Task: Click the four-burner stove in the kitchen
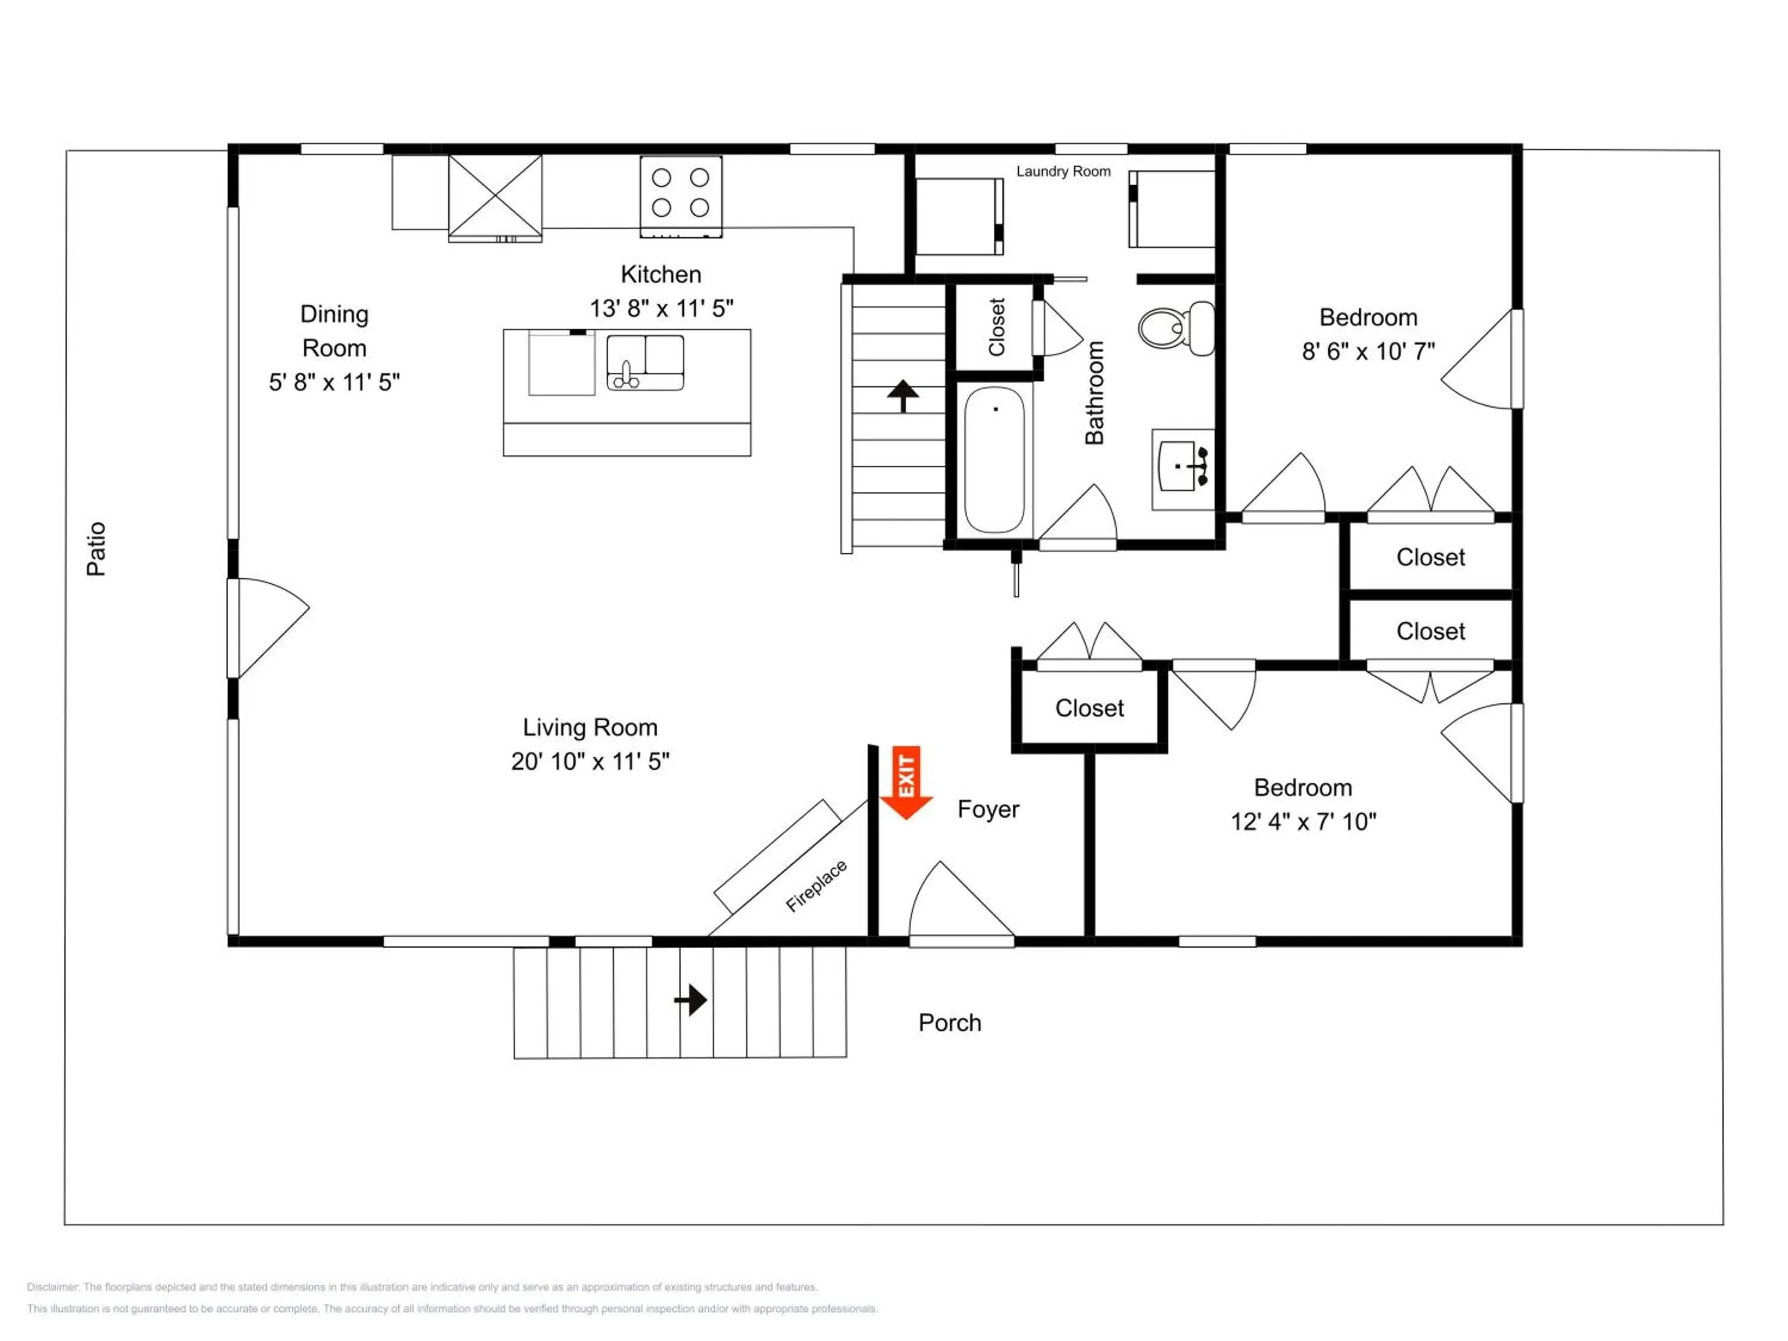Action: click(681, 197)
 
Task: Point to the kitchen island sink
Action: click(645, 363)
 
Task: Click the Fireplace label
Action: click(817, 886)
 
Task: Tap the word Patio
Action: click(96, 549)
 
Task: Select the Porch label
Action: click(950, 1023)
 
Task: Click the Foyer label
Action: click(988, 809)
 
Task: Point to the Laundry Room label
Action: click(1063, 172)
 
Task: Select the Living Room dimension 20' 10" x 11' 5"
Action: click(590, 762)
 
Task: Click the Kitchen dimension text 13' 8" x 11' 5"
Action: click(661, 309)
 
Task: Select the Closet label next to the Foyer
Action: click(1089, 708)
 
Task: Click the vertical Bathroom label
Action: click(1094, 393)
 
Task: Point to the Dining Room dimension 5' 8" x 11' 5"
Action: click(334, 383)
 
